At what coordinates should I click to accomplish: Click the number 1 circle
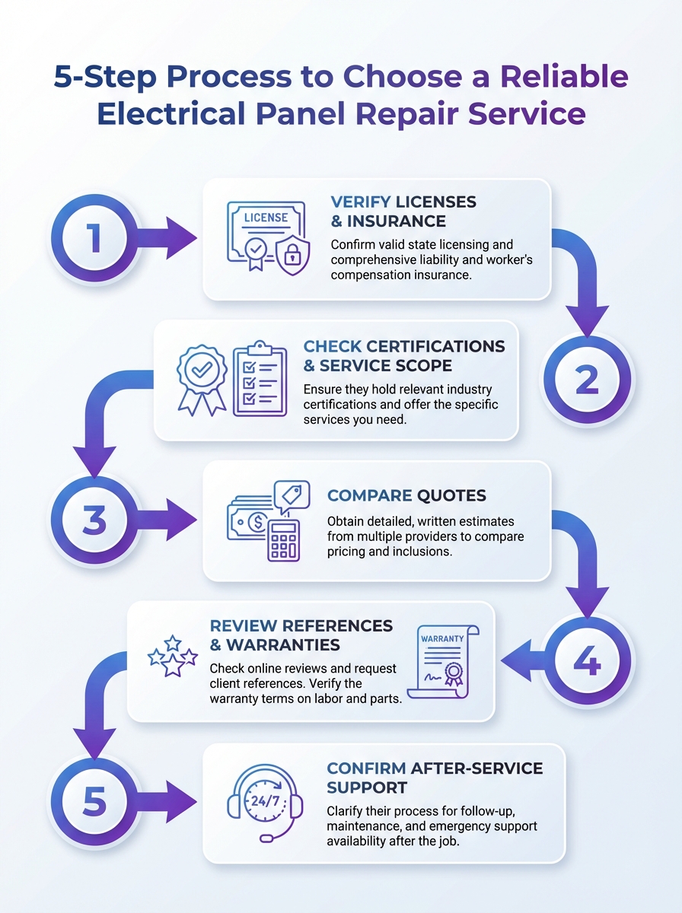[x=94, y=239]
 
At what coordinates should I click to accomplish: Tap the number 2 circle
[x=586, y=379]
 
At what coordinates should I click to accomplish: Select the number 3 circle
[x=94, y=520]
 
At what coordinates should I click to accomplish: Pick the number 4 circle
[x=586, y=660]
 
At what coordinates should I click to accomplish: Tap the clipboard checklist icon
[x=260, y=378]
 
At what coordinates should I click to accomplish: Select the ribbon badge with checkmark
[x=202, y=378]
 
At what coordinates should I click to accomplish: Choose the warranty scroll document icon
[x=442, y=661]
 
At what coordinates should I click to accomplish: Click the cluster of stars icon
[x=173, y=656]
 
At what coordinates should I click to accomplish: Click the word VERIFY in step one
[x=361, y=202]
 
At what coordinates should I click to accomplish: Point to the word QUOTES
[x=452, y=495]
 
